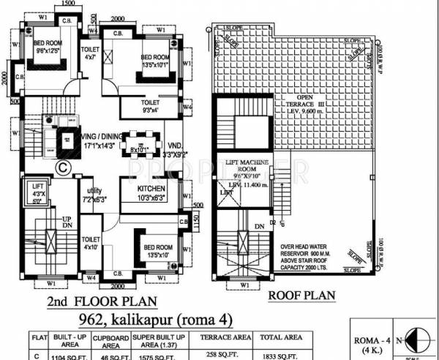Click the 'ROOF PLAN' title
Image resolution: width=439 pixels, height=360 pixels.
(x=301, y=296)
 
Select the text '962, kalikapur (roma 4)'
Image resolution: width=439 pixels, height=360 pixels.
(x=125, y=319)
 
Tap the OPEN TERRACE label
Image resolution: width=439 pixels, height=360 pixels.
(x=315, y=102)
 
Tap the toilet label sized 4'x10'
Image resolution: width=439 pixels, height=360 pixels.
(x=91, y=244)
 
